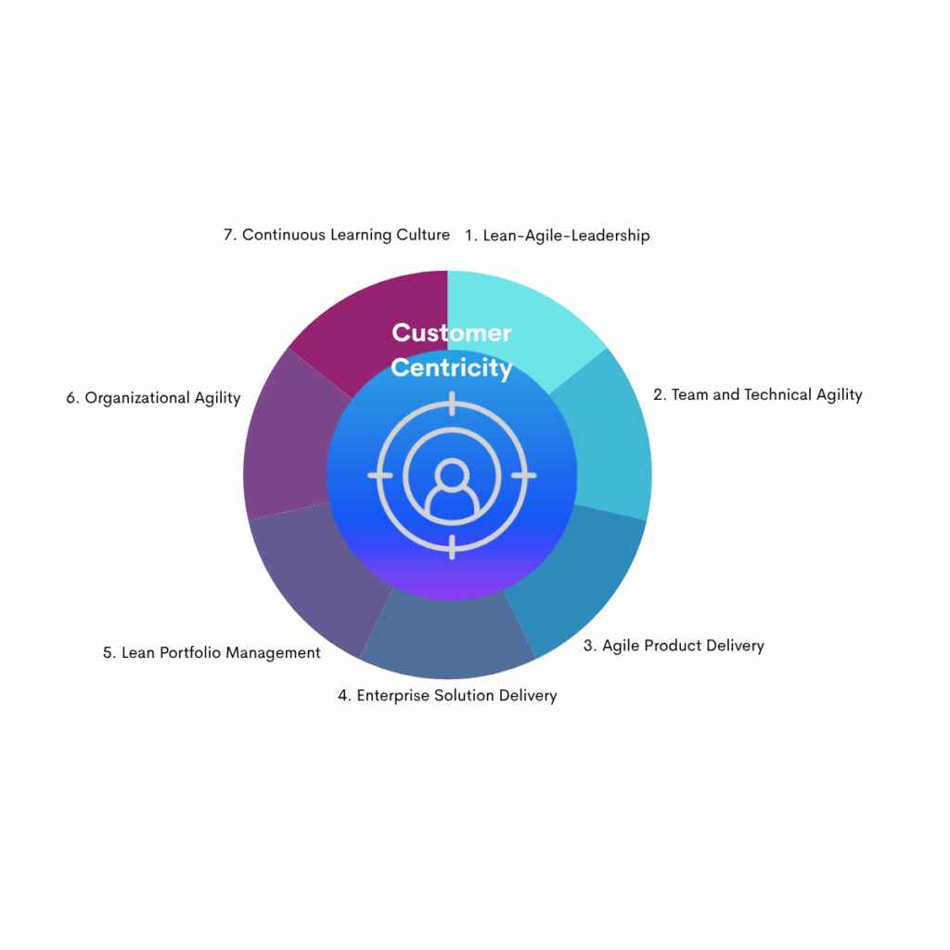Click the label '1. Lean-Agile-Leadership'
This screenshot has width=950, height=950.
pyautogui.click(x=558, y=236)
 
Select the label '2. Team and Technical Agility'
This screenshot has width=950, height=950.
pyautogui.click(x=758, y=395)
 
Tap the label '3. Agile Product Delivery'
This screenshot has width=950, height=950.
pyautogui.click(x=674, y=646)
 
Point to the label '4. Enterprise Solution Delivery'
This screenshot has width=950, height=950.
pyautogui.click(x=448, y=696)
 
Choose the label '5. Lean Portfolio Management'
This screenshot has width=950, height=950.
pyautogui.click(x=212, y=652)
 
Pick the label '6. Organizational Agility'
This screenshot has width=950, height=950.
pyautogui.click(x=153, y=398)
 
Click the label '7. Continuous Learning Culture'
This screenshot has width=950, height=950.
pyautogui.click(x=337, y=235)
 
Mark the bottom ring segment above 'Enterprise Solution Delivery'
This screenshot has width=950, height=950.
pyautogui.click(x=448, y=636)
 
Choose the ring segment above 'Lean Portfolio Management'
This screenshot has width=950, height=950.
pyautogui.click(x=318, y=582)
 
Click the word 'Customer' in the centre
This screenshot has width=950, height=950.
pyautogui.click(x=452, y=333)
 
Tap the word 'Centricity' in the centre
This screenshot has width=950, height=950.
pyautogui.click(x=452, y=368)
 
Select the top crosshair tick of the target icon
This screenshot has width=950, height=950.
pyautogui.click(x=452, y=404)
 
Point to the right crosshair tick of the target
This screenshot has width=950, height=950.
pyautogui.click(x=524, y=476)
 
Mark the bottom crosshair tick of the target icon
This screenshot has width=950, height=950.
pyautogui.click(x=452, y=547)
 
